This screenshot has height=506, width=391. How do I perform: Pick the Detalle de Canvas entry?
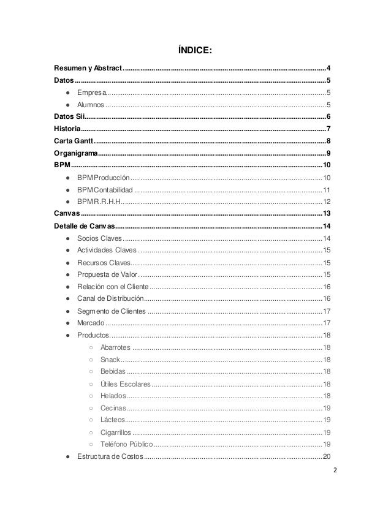click(84, 226)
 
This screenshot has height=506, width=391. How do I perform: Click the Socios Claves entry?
click(99, 238)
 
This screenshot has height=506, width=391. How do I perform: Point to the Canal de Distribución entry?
click(110, 298)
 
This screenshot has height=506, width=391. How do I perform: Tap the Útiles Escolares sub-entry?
click(125, 383)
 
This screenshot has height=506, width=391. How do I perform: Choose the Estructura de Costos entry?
click(110, 457)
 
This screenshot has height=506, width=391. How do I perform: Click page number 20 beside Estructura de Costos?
click(327, 457)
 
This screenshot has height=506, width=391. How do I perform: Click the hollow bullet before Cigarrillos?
click(89, 432)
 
